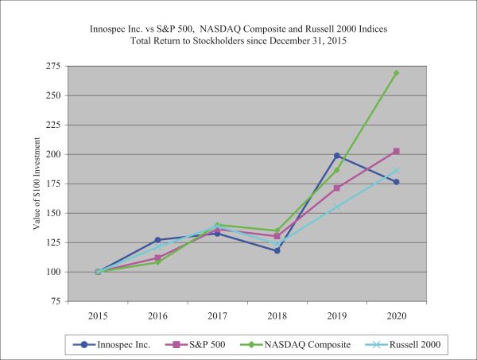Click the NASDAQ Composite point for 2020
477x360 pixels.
pos(396,73)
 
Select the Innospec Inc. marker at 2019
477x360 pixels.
pos(336,156)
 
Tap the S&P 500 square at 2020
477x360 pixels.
pos(396,151)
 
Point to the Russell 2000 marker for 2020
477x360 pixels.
pos(396,170)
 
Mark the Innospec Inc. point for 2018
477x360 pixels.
pos(277,250)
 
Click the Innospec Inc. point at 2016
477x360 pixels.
pos(157,239)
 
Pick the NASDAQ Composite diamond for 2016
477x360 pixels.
pos(157,262)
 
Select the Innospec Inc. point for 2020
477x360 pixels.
pos(396,182)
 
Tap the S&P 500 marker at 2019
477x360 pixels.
pos(336,188)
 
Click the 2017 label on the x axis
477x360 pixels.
pos(217,315)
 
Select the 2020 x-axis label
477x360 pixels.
pos(396,315)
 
